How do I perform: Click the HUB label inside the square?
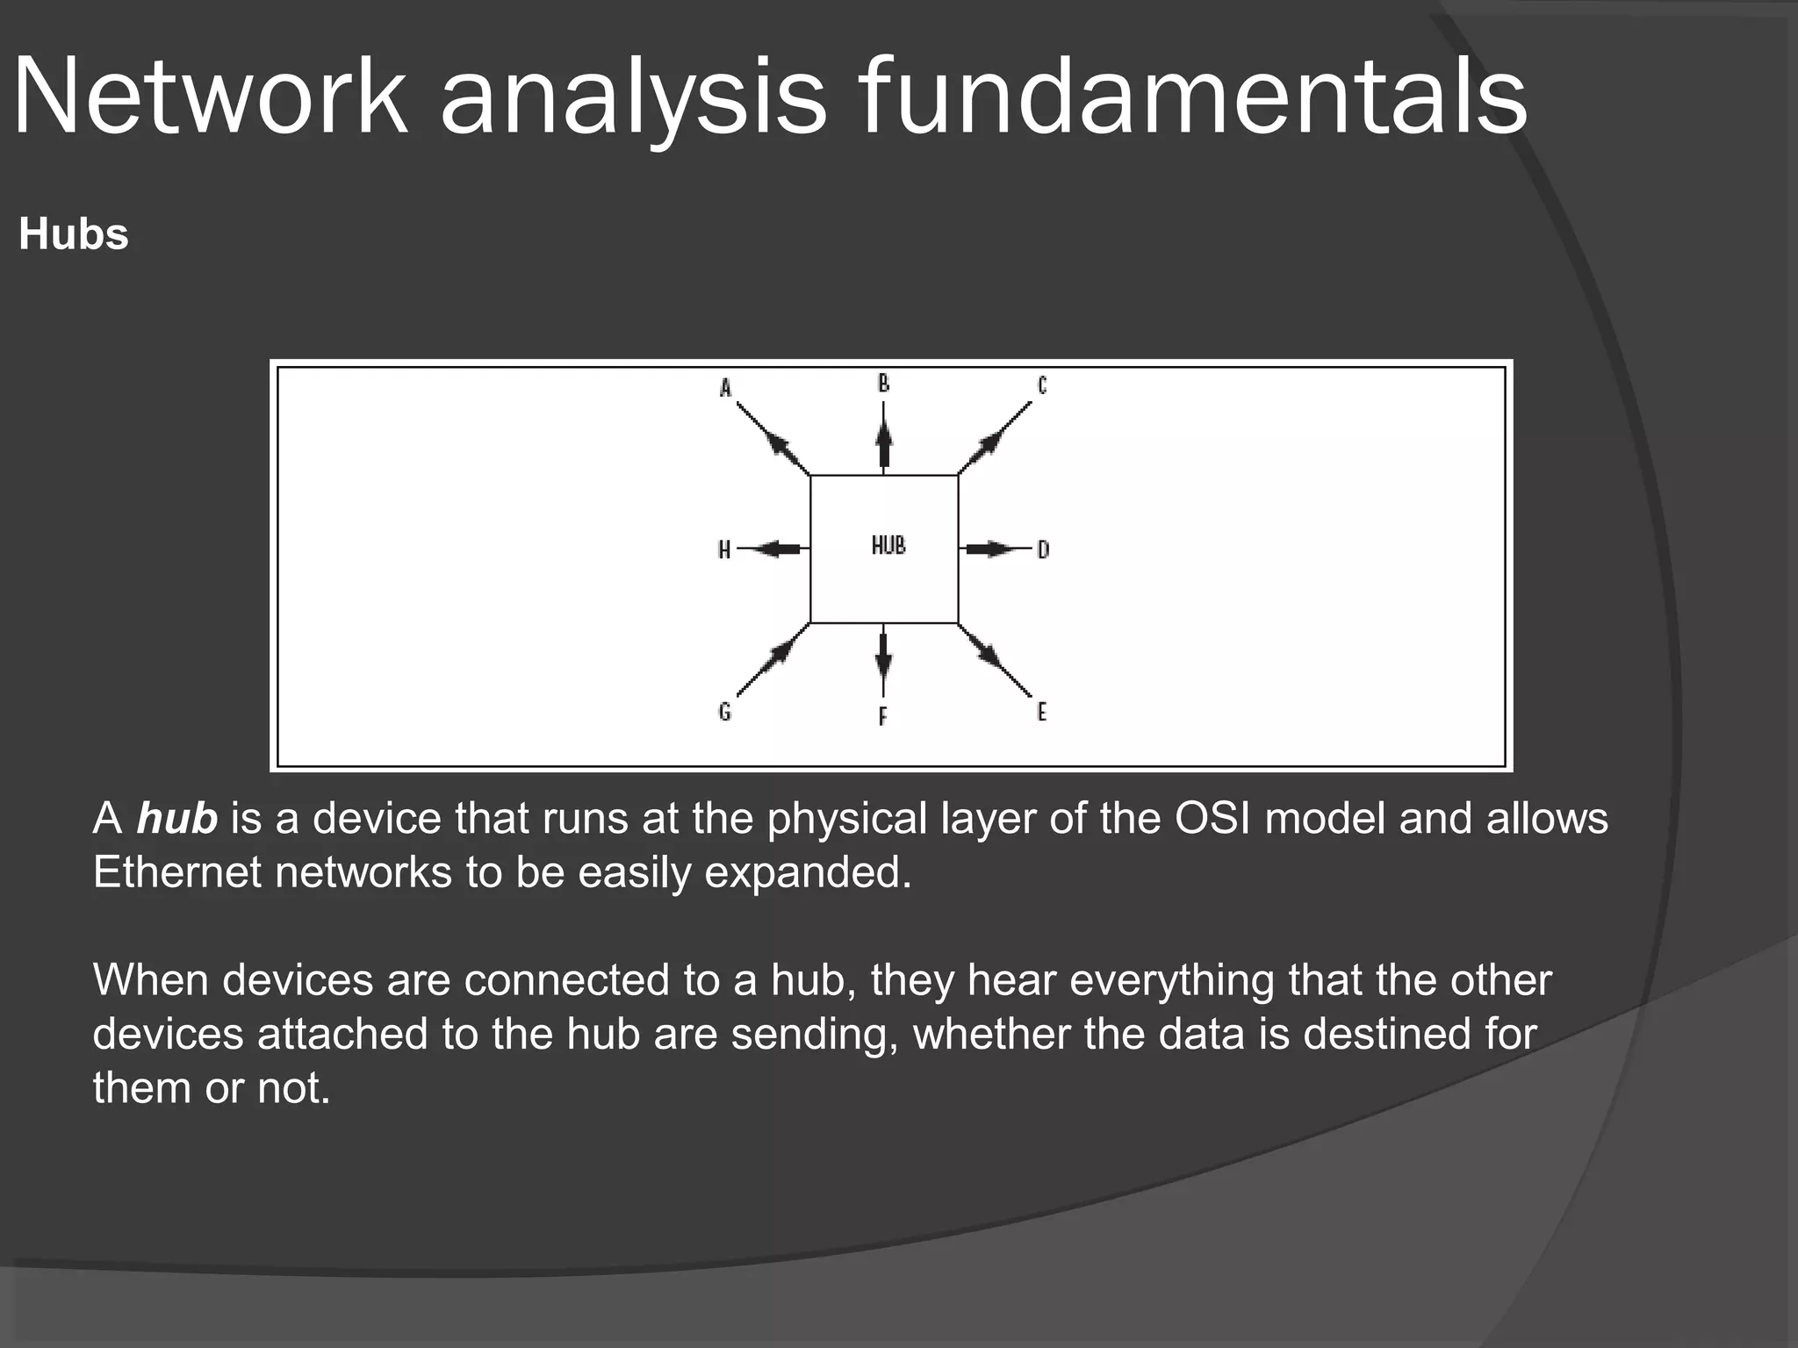(x=888, y=545)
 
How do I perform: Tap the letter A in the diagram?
(x=725, y=388)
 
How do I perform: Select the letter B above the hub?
(x=883, y=384)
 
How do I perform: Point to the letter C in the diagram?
(x=1042, y=385)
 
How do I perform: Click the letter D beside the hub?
(x=1043, y=549)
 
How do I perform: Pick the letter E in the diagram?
(x=1041, y=711)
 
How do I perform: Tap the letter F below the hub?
(x=882, y=716)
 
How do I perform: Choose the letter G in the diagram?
(x=724, y=711)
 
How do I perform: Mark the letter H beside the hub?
(x=724, y=549)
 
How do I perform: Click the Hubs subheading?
(x=74, y=234)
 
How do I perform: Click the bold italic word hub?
(x=176, y=818)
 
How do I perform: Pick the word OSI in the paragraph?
(x=1212, y=818)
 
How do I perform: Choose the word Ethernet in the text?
(x=176, y=872)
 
